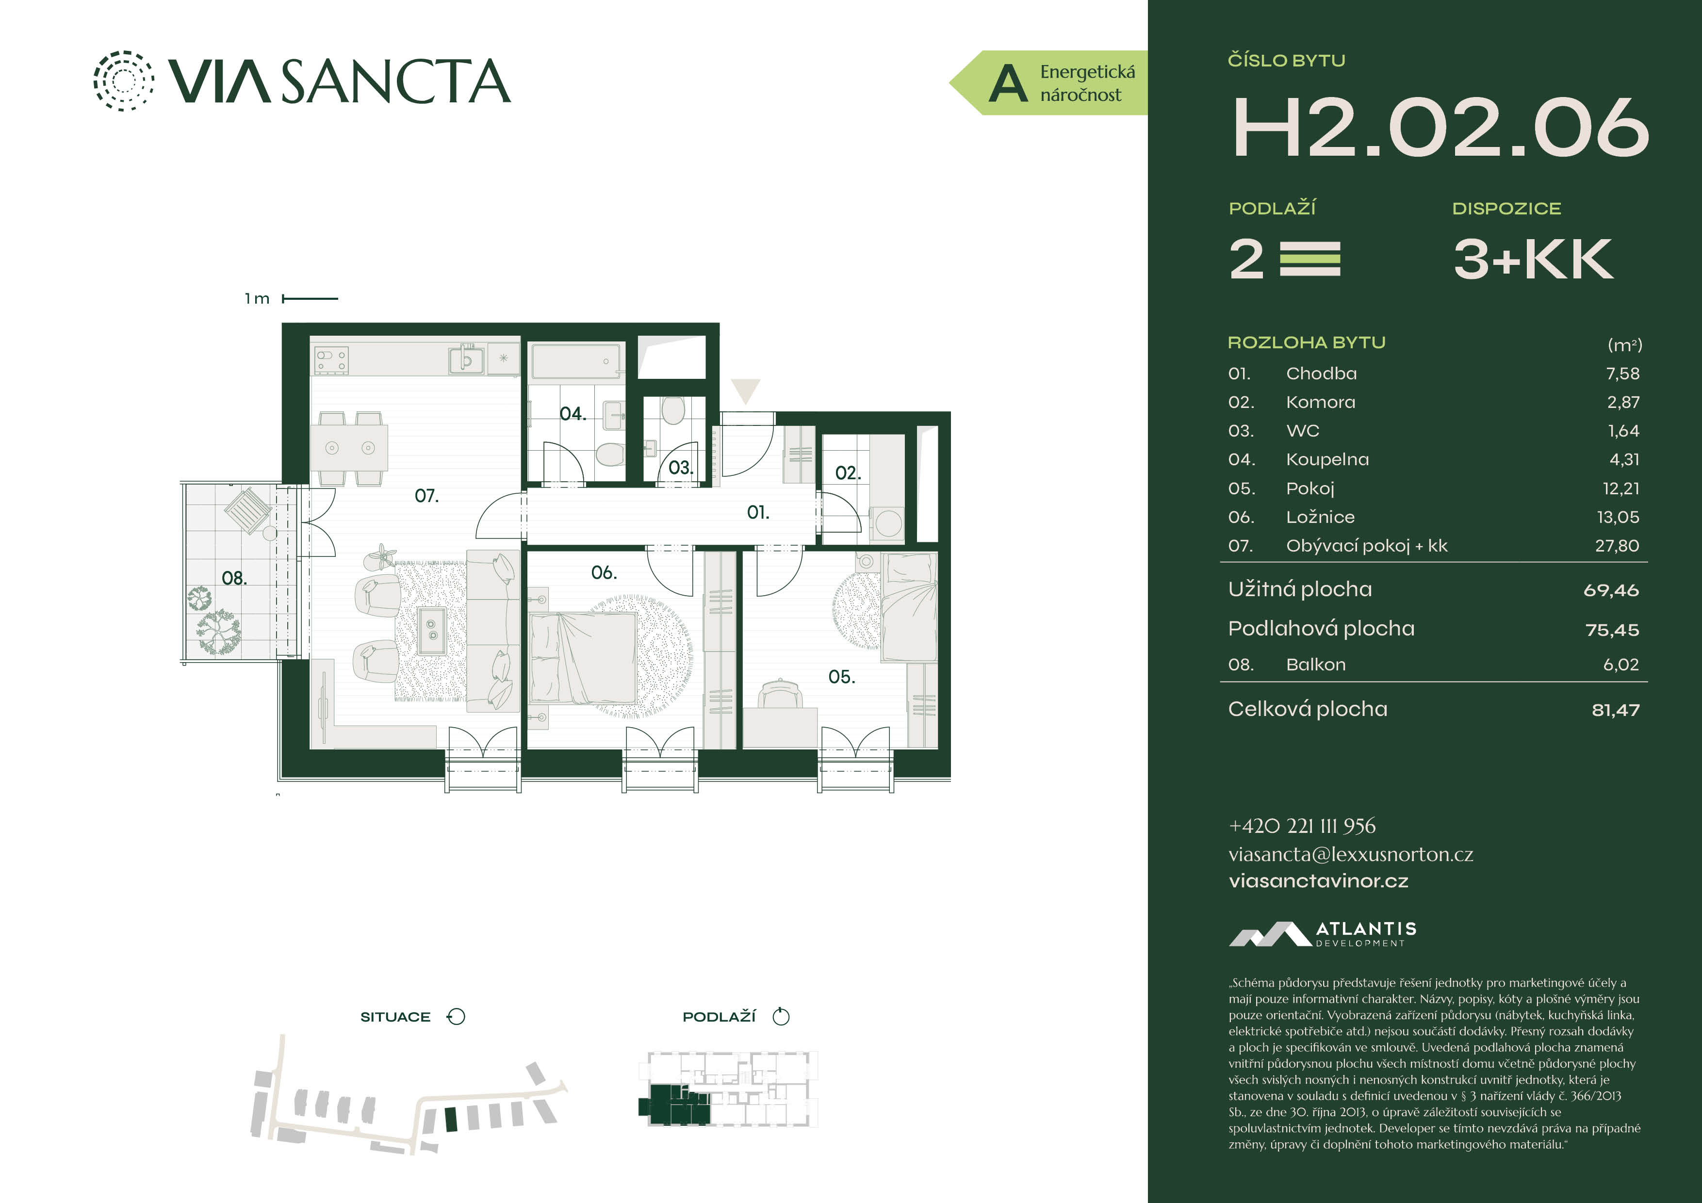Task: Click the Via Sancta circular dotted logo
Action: point(124,81)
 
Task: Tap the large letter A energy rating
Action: point(1008,83)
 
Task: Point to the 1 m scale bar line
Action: point(310,299)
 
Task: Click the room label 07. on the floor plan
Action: point(426,496)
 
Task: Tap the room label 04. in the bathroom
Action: point(573,414)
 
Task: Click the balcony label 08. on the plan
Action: point(234,578)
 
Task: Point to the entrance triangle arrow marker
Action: point(746,390)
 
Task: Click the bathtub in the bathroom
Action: point(576,362)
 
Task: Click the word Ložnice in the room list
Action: point(1320,517)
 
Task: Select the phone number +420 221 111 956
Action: point(1302,826)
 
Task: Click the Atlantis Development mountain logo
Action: point(1270,935)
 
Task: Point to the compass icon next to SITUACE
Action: point(456,1017)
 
